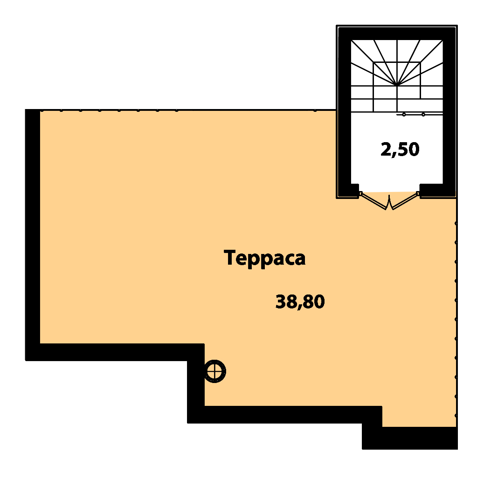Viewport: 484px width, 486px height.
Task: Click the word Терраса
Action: [264, 259]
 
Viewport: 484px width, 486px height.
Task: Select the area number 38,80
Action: [300, 301]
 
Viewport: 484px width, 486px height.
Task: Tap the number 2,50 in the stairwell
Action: [400, 150]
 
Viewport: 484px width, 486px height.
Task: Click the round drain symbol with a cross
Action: [214, 371]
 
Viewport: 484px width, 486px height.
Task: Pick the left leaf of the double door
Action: [374, 201]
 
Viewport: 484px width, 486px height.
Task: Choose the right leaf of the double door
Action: [404, 201]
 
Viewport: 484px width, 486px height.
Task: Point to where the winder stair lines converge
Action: [397, 85]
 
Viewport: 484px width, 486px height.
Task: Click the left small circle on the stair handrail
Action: [404, 115]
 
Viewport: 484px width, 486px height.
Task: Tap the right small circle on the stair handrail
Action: [423, 115]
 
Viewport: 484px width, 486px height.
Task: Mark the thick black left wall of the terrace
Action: [33, 235]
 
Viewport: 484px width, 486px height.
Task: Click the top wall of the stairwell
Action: [397, 34]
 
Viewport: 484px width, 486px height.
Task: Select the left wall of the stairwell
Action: [345, 111]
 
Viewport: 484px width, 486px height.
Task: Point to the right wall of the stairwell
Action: [449, 111]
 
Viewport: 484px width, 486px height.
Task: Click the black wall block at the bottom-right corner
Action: [409, 438]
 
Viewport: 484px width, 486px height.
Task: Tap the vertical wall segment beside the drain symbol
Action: [196, 383]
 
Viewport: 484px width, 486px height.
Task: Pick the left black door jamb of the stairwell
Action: [355, 190]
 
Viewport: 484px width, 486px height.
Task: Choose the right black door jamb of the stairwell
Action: [431, 190]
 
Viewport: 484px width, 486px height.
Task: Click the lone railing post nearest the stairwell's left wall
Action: [315, 110]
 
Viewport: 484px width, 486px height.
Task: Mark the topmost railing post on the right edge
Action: [456, 223]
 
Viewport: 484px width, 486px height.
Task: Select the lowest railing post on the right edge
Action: [456, 415]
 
